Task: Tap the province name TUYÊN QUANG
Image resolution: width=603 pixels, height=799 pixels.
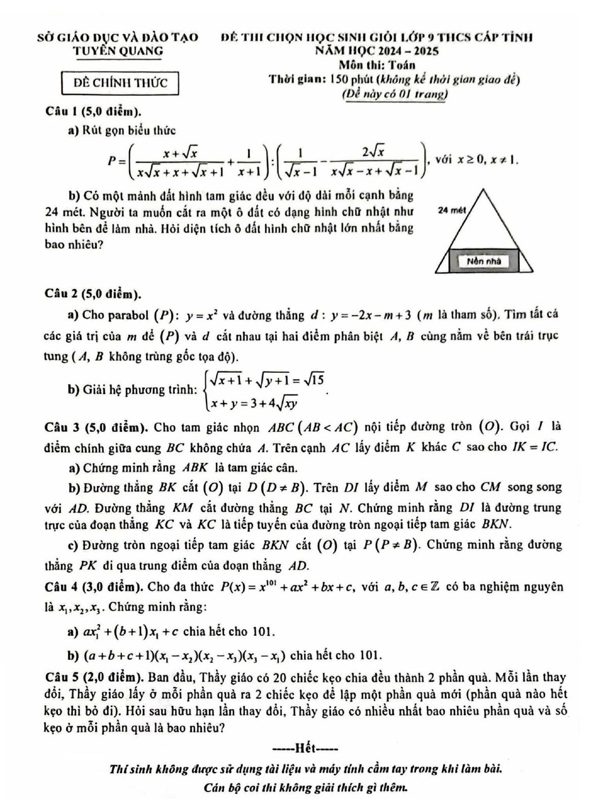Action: (x=118, y=51)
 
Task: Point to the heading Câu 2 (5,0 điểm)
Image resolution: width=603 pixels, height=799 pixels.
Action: (x=93, y=293)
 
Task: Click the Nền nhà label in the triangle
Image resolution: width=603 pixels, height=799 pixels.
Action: (x=484, y=261)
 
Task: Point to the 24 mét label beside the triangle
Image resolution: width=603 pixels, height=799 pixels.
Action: (x=452, y=210)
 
